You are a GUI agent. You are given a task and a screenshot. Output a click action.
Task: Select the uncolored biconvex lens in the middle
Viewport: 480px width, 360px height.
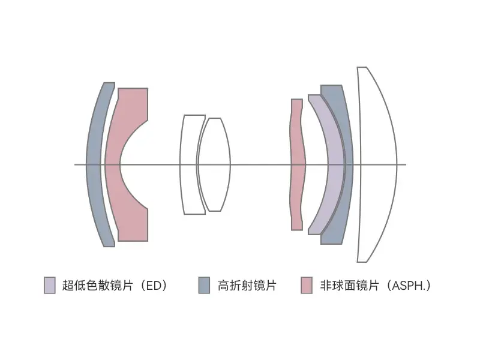[x=214, y=164]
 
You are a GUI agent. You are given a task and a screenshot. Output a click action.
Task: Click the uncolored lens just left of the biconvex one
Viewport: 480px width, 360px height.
[x=188, y=164]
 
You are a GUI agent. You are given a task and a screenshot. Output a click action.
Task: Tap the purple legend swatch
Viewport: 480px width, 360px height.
[x=50, y=286]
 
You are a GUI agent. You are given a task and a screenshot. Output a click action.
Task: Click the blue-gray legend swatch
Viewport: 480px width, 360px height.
[x=204, y=286]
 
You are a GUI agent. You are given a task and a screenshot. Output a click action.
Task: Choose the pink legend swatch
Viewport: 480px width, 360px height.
[x=307, y=286]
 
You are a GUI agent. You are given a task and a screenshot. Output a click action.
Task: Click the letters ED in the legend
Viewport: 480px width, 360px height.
[x=153, y=286]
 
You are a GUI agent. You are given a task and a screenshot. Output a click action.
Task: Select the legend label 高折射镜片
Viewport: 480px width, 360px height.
[x=247, y=286]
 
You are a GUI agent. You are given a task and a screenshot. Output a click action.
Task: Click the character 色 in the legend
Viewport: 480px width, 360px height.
[x=92, y=286]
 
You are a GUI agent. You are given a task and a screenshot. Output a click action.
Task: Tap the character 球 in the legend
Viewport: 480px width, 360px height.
[x=338, y=286]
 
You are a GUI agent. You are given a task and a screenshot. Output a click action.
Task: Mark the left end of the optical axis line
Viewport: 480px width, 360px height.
[x=74, y=164]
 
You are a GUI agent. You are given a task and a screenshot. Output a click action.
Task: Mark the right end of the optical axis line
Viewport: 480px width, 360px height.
[x=406, y=164]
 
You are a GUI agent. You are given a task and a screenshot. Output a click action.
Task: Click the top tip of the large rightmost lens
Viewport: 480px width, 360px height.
[x=362, y=67]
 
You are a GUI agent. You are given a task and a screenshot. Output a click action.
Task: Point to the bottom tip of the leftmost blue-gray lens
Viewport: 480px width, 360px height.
[x=110, y=247]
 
